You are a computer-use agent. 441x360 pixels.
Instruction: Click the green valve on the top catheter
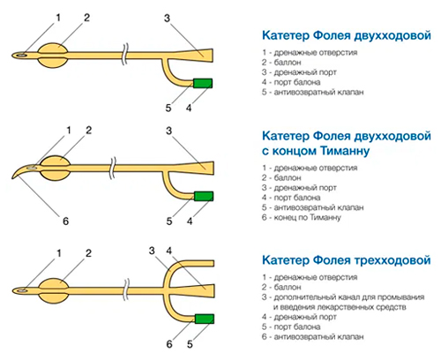pos(203,83)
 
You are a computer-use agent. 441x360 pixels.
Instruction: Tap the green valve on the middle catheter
pos(204,196)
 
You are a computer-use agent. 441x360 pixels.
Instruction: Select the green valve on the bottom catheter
pos(205,319)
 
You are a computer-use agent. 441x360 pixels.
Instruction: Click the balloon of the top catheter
pos(53,55)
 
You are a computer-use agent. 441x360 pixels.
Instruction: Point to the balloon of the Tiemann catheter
pos(56,168)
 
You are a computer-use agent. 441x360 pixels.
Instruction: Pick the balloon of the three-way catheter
pos(54,291)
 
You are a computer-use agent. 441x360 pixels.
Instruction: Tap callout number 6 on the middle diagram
pos(65,221)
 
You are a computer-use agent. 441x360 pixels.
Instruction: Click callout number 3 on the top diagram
pos(168,19)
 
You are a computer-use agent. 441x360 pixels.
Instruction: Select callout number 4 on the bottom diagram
pos(168,251)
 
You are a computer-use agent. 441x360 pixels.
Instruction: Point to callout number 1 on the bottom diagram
pos(59,253)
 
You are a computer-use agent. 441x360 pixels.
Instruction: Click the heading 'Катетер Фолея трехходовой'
pos(347,260)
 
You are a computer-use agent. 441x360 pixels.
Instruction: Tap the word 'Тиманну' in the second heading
pos(345,151)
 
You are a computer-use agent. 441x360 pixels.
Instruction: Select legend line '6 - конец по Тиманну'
pos(302,218)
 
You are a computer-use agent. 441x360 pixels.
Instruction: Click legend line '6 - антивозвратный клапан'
pos(313,337)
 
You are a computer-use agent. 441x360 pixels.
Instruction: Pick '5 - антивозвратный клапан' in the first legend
pos(313,92)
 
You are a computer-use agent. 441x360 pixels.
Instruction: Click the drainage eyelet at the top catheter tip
pos(21,55)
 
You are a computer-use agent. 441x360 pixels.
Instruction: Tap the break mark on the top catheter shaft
pos(126,55)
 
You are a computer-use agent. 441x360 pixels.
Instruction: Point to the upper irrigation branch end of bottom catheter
pos(213,263)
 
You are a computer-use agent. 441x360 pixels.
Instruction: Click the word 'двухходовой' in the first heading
pos(392,35)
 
